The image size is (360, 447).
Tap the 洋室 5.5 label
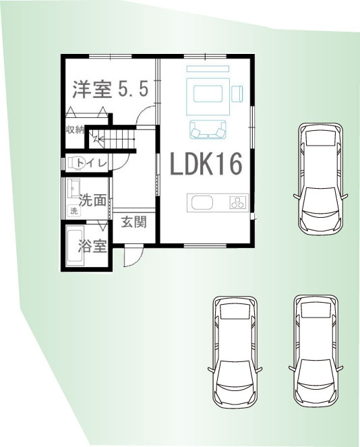point(111,89)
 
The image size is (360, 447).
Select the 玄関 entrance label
point(134,222)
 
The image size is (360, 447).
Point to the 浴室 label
point(92,245)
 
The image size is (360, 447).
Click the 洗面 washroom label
point(92,200)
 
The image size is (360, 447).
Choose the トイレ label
point(92,163)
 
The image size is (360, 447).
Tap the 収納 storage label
point(75,130)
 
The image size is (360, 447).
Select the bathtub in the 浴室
point(75,245)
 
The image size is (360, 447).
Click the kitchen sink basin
point(202,203)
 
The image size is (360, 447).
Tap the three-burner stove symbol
point(238,202)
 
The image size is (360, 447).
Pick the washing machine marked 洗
point(74,211)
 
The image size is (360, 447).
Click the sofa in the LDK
point(208,129)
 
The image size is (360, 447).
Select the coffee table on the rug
point(208,94)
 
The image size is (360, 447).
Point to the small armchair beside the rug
point(237,94)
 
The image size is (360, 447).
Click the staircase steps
point(117,139)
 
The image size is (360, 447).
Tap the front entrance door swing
point(133,256)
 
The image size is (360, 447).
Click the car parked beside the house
point(321,179)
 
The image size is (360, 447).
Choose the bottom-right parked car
point(316,351)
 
